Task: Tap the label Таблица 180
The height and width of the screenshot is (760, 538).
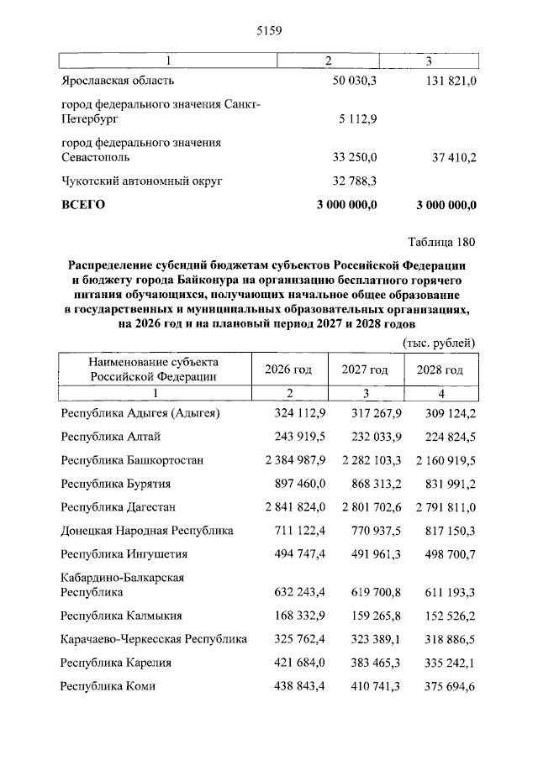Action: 441,243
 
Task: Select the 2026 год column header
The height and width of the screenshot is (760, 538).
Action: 288,370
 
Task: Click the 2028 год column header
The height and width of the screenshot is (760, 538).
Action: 440,370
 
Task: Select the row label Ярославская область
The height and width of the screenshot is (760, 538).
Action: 118,81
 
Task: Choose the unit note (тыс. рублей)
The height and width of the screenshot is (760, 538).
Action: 440,343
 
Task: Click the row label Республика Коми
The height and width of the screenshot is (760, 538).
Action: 108,686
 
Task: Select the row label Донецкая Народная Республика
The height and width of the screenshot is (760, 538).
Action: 147,531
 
